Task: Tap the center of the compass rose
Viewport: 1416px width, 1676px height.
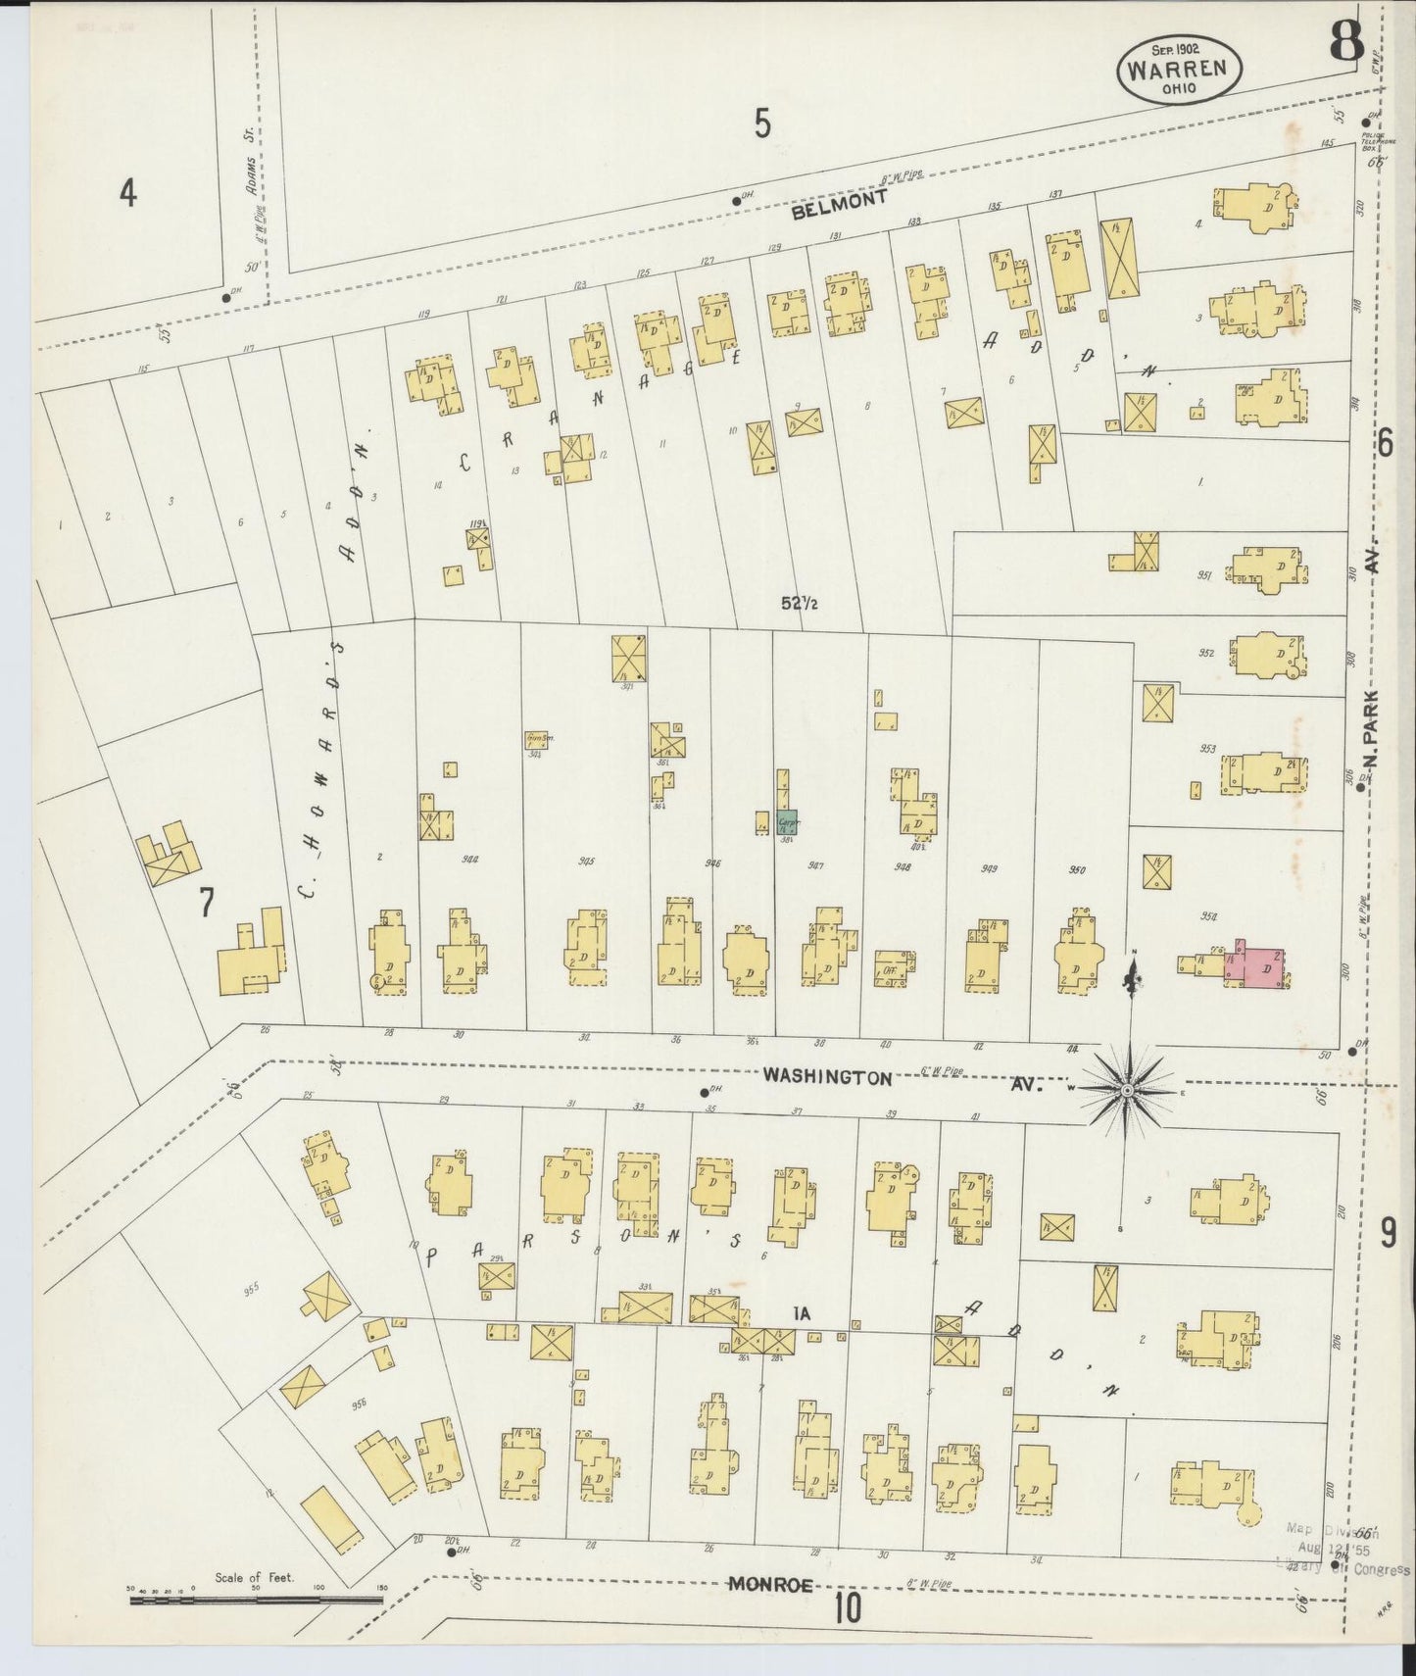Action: coord(1128,1089)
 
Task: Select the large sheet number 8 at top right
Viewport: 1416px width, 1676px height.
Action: coord(1345,43)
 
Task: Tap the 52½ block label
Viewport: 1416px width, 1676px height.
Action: coord(800,603)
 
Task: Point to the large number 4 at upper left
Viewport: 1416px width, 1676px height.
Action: coord(127,193)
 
